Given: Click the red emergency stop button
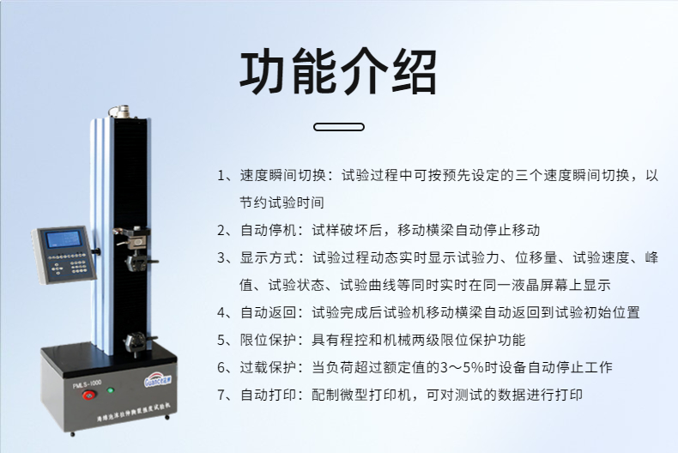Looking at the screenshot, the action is (89, 395).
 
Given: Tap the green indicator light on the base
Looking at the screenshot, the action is (111, 390).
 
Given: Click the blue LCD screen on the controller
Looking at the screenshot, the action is (64, 239).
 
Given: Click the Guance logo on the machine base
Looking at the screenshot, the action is (158, 379).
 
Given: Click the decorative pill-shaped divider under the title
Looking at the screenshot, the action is (338, 127).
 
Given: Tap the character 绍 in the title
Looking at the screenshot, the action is (414, 72).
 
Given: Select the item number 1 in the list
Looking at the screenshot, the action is (221, 176).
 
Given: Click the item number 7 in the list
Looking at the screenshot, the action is (221, 395).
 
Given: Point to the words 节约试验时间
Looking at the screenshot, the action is (281, 202).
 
